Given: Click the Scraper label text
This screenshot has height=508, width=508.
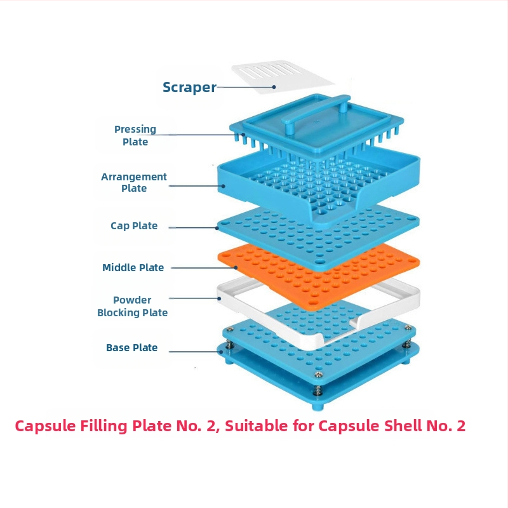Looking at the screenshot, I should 189,88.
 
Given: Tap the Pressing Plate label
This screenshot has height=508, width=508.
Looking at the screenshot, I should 135,135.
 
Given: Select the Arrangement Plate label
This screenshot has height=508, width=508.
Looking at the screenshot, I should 134,182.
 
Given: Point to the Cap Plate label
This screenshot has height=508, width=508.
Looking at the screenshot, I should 134,226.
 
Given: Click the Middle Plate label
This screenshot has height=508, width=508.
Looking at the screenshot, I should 133,268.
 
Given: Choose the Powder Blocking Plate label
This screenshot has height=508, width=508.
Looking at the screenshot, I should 133,306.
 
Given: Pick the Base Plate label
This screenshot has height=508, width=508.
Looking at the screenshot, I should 132,348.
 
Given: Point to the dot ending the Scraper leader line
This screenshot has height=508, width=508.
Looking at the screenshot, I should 274,87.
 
